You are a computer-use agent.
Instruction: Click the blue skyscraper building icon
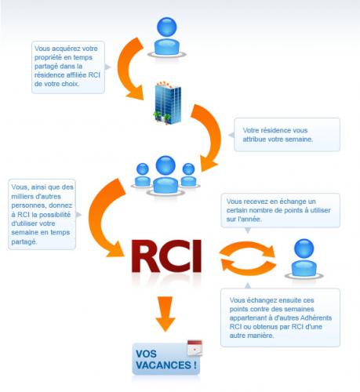click(167, 103)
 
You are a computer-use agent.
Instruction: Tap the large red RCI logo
click(166, 256)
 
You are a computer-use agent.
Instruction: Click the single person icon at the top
click(167, 38)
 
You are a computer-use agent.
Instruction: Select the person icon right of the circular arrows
click(304, 259)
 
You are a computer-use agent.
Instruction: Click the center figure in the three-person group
click(165, 176)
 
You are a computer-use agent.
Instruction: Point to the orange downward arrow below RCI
click(165, 314)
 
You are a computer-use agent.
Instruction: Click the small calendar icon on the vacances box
click(195, 348)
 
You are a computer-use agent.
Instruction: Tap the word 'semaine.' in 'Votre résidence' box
click(299, 140)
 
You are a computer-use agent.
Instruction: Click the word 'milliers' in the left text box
click(21, 197)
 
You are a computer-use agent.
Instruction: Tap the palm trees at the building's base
click(162, 117)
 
